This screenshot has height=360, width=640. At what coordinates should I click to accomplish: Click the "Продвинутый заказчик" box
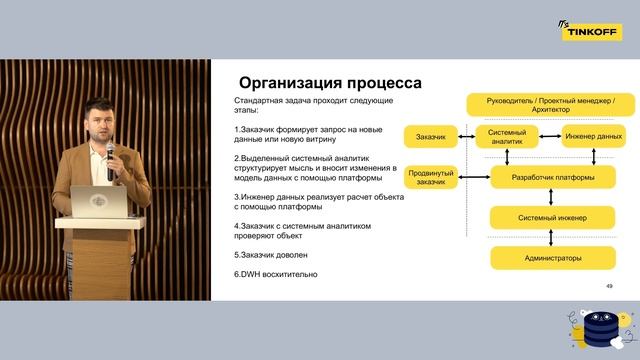pyautogui.click(x=431, y=177)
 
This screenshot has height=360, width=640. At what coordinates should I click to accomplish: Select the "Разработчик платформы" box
pyautogui.click(x=553, y=177)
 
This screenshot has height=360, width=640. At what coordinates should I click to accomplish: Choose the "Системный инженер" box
pyautogui.click(x=553, y=217)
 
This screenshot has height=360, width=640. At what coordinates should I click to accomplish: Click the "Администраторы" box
pyautogui.click(x=553, y=257)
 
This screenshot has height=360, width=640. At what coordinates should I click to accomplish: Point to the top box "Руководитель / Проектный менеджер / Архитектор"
pyautogui.click(x=553, y=103)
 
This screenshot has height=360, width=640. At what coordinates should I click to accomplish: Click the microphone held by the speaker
pyautogui.click(x=110, y=151)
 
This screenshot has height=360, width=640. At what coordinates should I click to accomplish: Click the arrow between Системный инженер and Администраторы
pyautogui.click(x=553, y=237)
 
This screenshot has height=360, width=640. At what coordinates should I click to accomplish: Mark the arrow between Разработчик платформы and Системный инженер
pyautogui.click(x=553, y=197)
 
